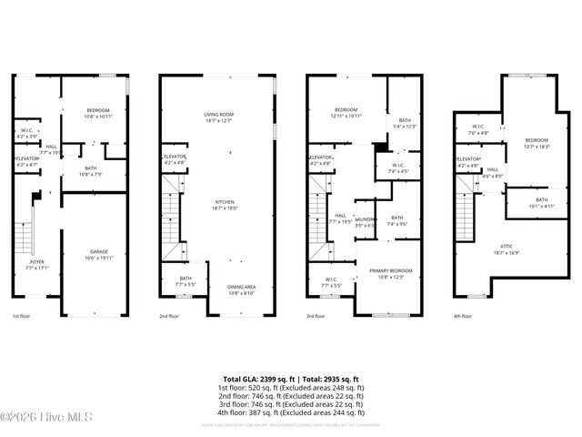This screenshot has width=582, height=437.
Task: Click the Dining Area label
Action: (x=242, y=290)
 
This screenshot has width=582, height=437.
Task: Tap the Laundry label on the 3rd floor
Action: (x=365, y=221)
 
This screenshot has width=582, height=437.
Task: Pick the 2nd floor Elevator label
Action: (x=175, y=158)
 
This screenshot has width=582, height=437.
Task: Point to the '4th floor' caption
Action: (x=464, y=317)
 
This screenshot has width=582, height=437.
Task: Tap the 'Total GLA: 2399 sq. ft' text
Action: (x=256, y=379)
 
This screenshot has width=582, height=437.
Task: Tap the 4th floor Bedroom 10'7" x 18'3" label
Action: (x=537, y=143)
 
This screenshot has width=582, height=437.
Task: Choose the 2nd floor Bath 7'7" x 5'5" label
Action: (x=186, y=281)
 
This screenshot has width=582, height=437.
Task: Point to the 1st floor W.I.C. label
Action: (x=26, y=133)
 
